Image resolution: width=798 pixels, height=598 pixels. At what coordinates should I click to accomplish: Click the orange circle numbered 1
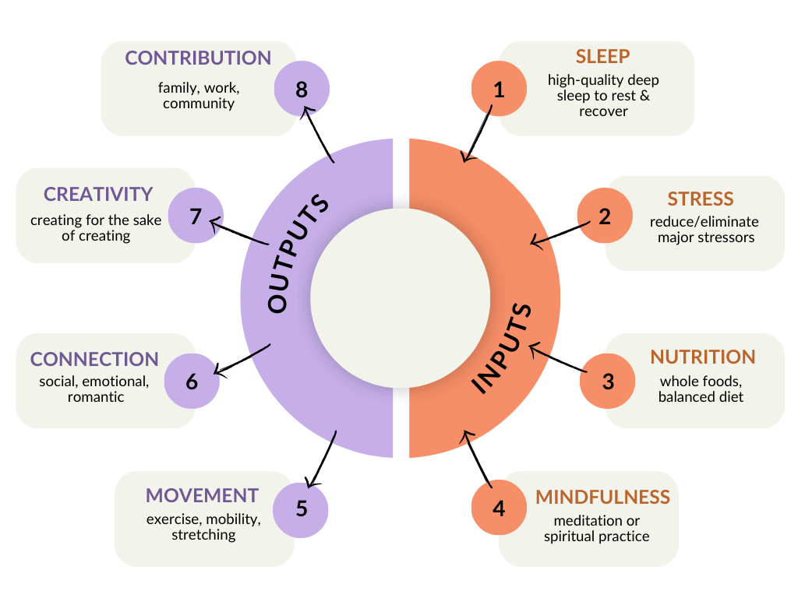500,90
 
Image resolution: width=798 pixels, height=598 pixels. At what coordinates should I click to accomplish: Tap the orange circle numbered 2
605,216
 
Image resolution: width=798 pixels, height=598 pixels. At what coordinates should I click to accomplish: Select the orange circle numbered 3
609,382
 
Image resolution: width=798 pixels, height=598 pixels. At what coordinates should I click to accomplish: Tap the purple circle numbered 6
192,382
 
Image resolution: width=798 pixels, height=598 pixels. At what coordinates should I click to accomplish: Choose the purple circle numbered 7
196,216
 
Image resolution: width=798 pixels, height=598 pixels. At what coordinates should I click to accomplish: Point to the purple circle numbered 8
302,90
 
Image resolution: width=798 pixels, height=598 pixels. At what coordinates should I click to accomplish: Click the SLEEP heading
602,57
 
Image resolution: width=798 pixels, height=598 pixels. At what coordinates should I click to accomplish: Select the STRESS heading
701,199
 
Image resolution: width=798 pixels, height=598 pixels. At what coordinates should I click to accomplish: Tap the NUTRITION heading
703,357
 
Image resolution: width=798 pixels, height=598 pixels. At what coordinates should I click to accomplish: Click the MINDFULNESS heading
602,498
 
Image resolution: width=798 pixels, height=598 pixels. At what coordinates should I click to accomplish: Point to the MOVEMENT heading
202,496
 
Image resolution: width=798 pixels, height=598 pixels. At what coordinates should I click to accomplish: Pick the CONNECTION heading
94,360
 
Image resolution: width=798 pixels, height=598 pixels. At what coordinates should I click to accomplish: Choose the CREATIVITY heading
98,194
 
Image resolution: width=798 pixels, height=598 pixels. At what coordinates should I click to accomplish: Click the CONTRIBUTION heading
198,58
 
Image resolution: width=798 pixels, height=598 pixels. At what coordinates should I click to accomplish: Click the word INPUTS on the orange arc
503,346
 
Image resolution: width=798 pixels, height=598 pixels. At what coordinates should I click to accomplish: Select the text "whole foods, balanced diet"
701,389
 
